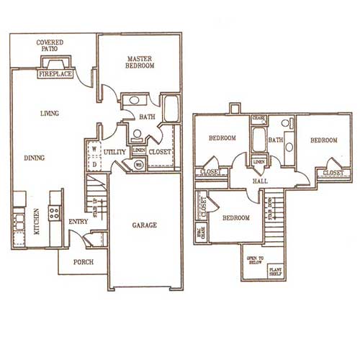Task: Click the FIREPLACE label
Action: pos(55,73)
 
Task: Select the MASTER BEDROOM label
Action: pos(140,62)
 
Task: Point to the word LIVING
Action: pos(49,113)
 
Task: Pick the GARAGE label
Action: pos(144,225)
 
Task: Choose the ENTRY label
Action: pos(78,222)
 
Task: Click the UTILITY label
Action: pos(114,153)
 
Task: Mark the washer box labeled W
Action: pos(94,150)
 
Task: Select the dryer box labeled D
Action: pos(94,163)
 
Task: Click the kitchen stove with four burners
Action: pos(53,212)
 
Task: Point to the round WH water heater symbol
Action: pos(138,165)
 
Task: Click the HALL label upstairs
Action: pos(260,181)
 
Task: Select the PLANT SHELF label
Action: pos(276,271)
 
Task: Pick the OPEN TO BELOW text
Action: pos(255,260)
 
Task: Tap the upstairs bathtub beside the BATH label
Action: pos(258,140)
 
